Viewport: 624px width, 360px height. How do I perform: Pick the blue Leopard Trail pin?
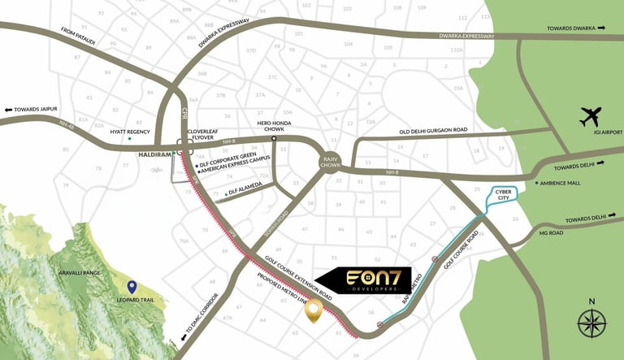click(132, 288)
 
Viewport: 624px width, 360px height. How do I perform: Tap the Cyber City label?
click(508, 194)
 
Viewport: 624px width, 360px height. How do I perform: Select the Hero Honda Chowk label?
click(274, 127)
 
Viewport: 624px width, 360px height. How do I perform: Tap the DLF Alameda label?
click(245, 193)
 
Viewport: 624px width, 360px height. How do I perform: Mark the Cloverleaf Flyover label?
click(204, 134)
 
